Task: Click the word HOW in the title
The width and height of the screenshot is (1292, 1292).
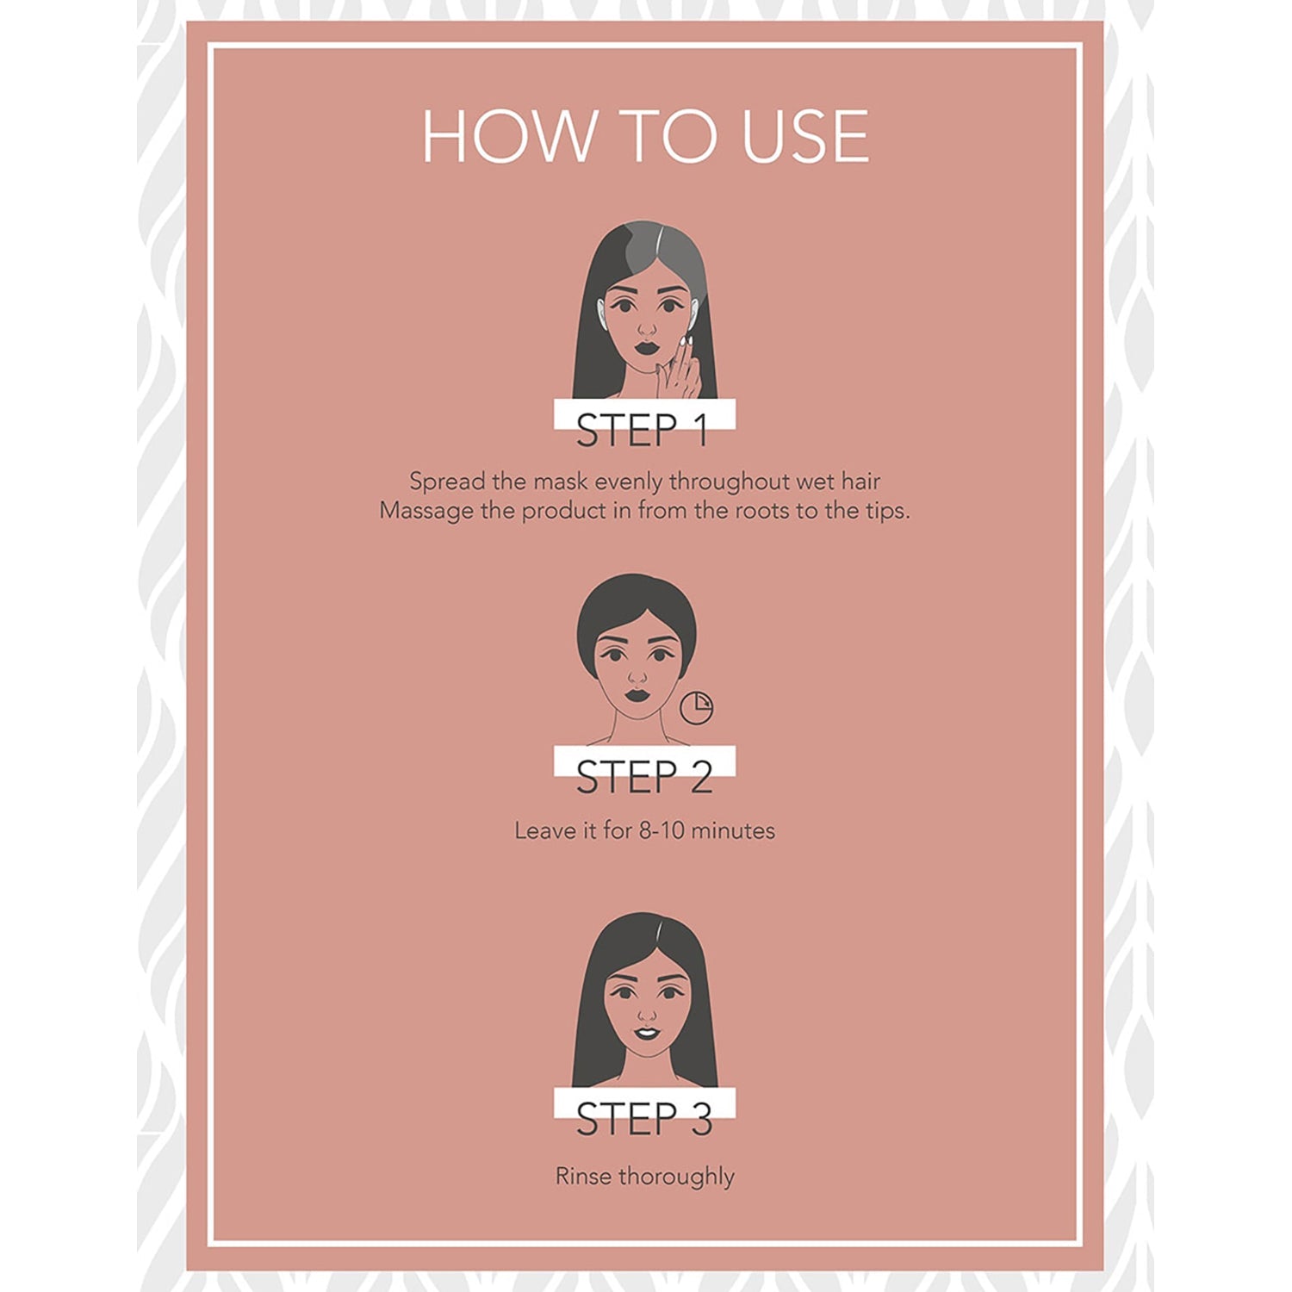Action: [x=509, y=136]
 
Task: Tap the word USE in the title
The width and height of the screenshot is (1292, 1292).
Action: [x=805, y=136]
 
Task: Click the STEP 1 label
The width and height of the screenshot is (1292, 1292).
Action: [x=643, y=430]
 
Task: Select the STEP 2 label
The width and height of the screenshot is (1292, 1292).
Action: [x=644, y=777]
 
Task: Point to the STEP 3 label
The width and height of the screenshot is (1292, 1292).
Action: [x=644, y=1119]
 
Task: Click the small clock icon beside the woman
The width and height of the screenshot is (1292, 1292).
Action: [x=696, y=707]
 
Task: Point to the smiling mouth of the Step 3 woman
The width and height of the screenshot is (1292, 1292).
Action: [x=647, y=1033]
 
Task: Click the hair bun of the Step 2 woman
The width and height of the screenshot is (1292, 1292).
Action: [x=634, y=603]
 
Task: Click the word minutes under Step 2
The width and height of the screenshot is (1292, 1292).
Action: [x=733, y=830]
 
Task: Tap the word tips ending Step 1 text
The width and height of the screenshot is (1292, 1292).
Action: [x=886, y=512]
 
